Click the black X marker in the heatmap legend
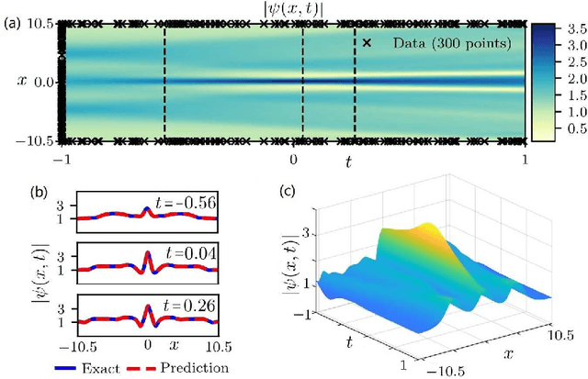pyautogui.click(x=367, y=42)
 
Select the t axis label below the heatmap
pyautogui.click(x=348, y=162)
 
